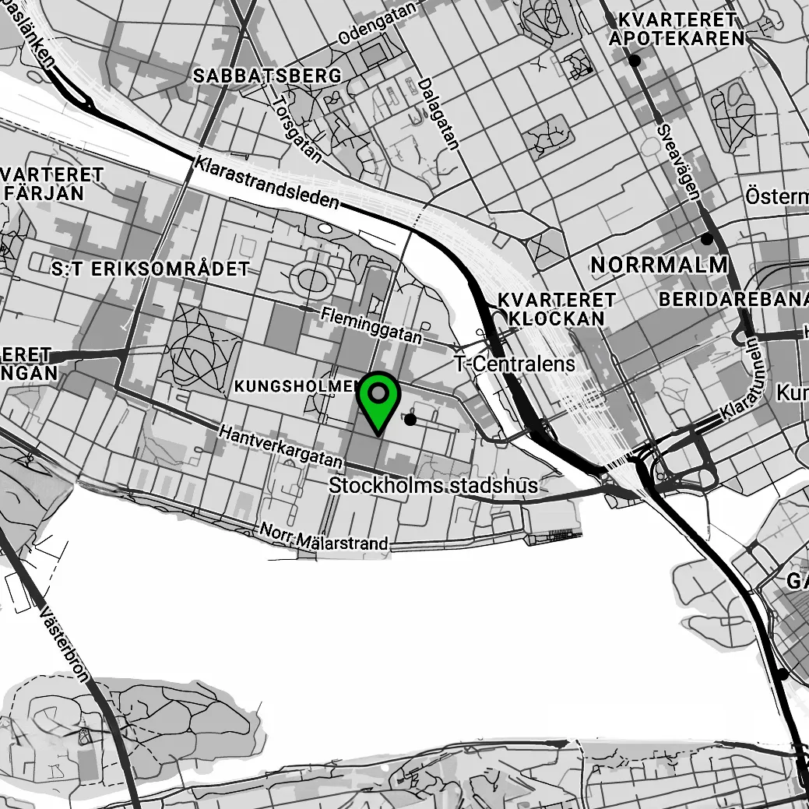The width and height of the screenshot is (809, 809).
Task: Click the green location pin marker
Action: click(378, 398)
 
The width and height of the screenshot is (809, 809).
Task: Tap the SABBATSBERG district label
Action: click(267, 76)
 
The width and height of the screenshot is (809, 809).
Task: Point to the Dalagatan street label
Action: click(438, 113)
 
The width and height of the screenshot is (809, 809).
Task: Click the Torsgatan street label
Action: click(297, 129)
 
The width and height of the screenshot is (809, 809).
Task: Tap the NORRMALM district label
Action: click(660, 265)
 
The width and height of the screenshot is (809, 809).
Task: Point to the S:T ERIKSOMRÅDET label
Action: click(150, 269)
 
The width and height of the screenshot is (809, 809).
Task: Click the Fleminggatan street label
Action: click(371, 325)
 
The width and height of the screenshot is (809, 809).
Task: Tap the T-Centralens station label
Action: click(515, 364)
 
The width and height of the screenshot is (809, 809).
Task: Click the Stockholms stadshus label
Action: click(433, 486)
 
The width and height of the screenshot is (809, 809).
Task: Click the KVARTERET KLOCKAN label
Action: click(556, 308)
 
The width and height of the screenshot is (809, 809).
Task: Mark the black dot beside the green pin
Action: click(410, 420)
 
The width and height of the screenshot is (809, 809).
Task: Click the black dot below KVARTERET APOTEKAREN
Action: click(635, 60)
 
